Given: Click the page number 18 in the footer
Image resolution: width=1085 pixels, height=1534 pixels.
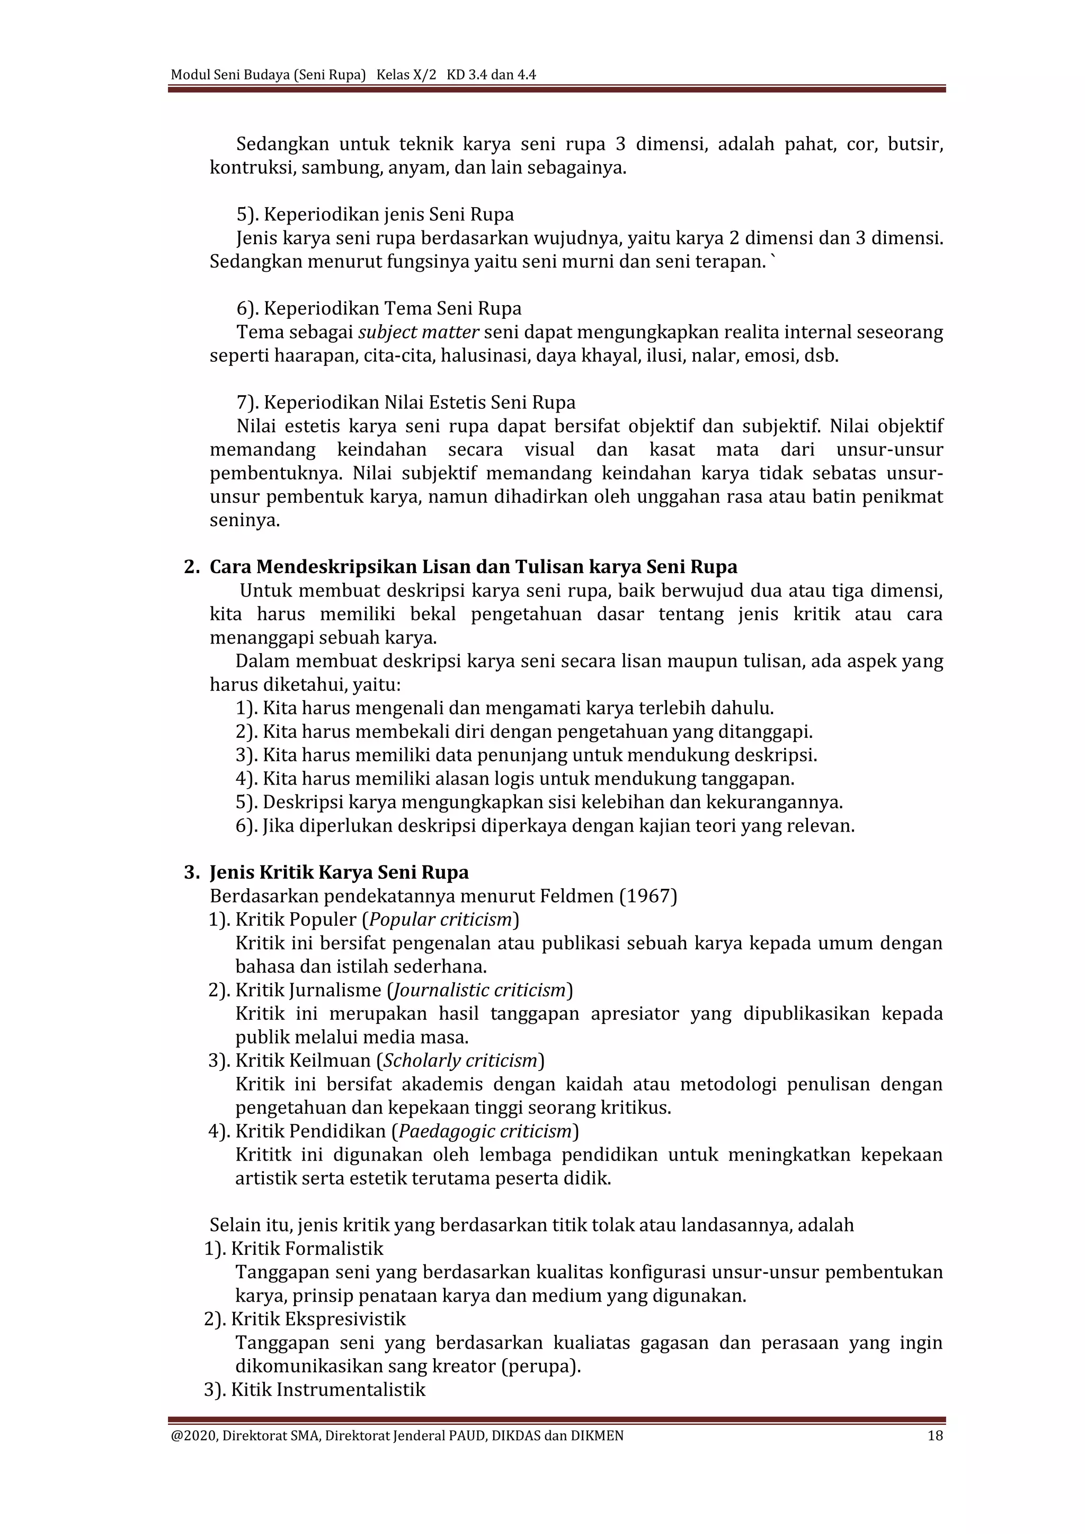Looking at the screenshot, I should (x=936, y=1435).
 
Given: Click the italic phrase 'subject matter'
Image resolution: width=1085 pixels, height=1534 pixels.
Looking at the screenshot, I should (x=418, y=332).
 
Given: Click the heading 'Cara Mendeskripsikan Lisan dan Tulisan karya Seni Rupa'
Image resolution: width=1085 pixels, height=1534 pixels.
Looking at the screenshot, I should (x=473, y=567).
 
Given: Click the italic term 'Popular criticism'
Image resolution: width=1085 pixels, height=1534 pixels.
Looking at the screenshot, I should (x=440, y=920).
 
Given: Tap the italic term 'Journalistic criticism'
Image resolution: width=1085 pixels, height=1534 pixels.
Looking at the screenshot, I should (x=479, y=989).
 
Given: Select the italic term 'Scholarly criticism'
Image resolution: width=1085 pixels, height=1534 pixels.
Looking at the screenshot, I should (x=460, y=1060).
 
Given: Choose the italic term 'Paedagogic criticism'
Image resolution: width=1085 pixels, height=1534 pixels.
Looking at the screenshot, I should (x=485, y=1130).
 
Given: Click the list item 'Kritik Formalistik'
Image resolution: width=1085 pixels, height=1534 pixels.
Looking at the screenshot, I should (x=307, y=1248).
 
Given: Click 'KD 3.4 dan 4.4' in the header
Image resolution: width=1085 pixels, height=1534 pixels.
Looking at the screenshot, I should (x=491, y=75).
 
